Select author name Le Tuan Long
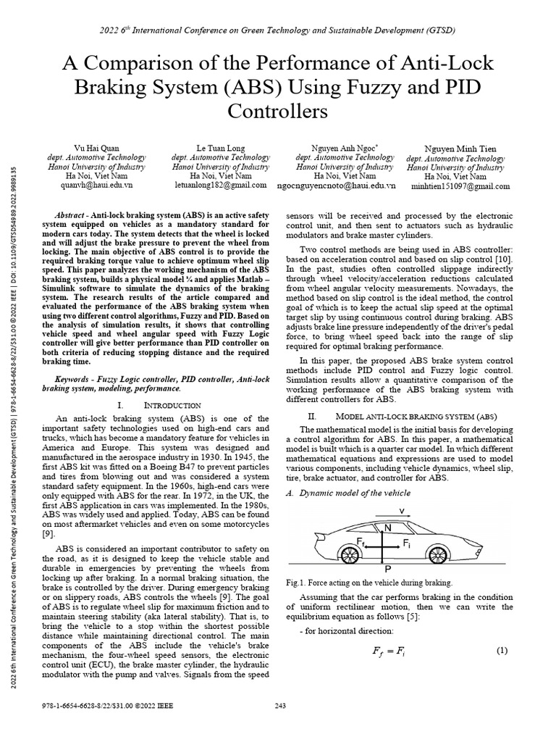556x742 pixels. (221, 148)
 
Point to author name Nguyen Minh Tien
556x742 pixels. (456, 149)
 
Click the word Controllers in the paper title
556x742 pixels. (277, 111)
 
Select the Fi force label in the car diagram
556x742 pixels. (407, 543)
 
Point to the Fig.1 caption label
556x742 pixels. (298, 583)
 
